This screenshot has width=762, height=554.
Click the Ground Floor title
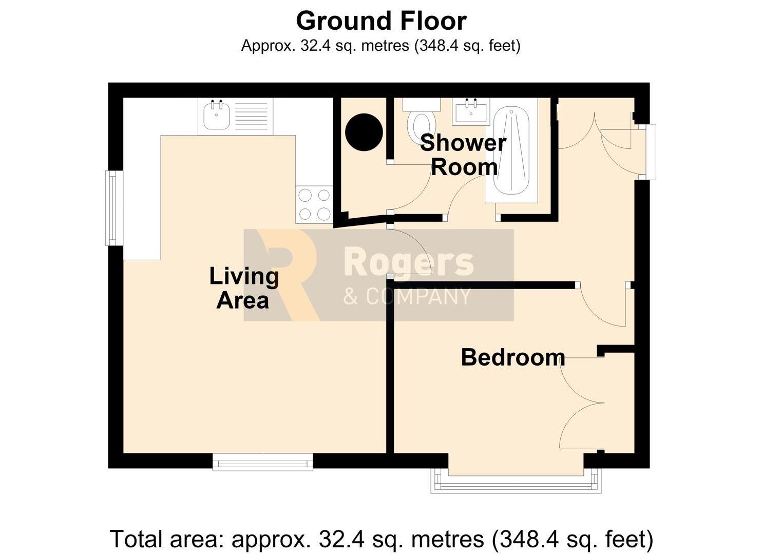pyautogui.click(x=381, y=21)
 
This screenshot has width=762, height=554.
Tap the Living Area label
pyautogui.click(x=244, y=288)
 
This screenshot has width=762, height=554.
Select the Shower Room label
pyautogui.click(x=464, y=155)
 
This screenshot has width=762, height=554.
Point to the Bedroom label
pyautogui.click(x=513, y=357)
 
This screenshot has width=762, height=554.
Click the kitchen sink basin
pyautogui.click(x=217, y=117)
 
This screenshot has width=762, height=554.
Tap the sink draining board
pyautogui.click(x=252, y=116)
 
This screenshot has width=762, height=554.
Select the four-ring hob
pyautogui.click(x=314, y=205)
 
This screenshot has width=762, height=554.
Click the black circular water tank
pyautogui.click(x=364, y=132)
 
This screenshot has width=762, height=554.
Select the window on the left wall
pyautogui.click(x=115, y=208)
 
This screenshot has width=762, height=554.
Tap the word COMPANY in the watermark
pyautogui.click(x=418, y=296)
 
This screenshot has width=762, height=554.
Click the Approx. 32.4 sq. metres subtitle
pyautogui.click(x=381, y=46)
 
